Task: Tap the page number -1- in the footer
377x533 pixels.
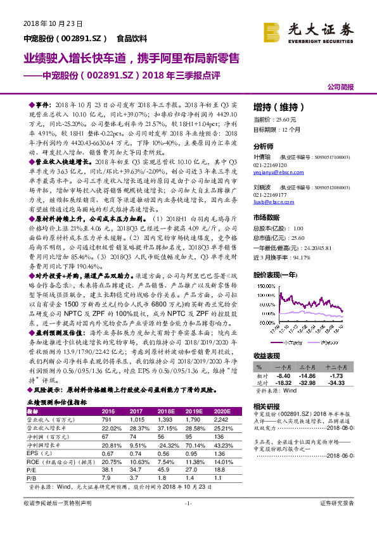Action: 188,521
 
